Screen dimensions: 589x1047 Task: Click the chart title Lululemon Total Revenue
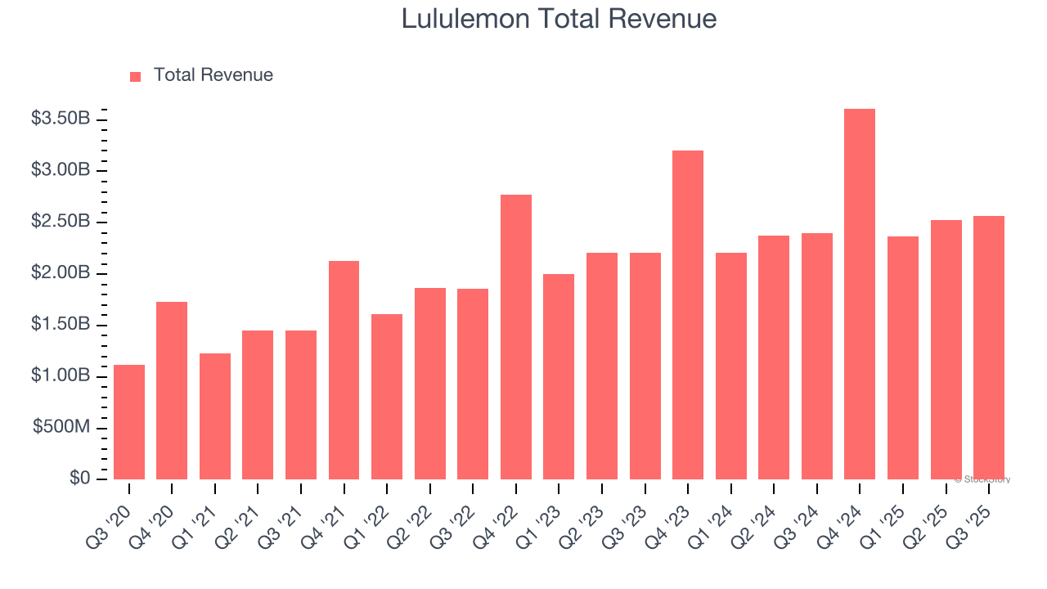(x=559, y=19)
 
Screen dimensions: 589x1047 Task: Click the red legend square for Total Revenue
(x=136, y=76)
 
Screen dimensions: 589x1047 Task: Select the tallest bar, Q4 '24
(x=860, y=294)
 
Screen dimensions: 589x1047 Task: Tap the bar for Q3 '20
(x=129, y=422)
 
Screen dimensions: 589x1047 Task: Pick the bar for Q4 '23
(x=688, y=315)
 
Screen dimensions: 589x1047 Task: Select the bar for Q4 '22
(x=516, y=337)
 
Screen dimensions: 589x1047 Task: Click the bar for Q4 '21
(x=344, y=370)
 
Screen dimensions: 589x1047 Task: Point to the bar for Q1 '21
(x=215, y=416)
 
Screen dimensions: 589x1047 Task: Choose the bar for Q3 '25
(x=988, y=348)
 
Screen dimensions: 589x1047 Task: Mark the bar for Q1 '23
(x=559, y=376)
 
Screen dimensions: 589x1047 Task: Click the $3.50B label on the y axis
(x=61, y=119)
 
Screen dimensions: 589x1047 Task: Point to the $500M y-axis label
(x=61, y=428)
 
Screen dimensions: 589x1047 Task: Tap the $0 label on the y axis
(x=79, y=478)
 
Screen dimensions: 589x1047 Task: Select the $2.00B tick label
(x=61, y=272)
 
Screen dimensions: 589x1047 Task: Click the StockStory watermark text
(x=984, y=479)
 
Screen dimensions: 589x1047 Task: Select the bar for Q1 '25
(x=903, y=357)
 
